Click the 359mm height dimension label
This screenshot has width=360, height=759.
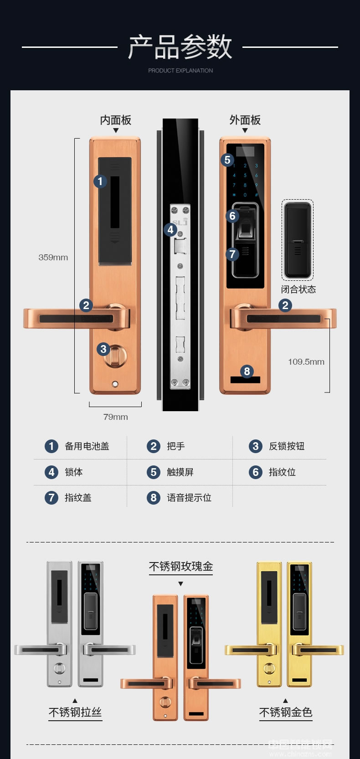[53, 257]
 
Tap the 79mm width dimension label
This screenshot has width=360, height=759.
[115, 417]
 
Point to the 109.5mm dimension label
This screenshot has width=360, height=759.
[306, 361]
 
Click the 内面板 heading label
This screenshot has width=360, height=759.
[116, 120]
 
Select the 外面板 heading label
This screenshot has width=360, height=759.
[245, 120]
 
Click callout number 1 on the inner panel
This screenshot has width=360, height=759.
[100, 181]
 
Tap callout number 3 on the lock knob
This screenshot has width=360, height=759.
[103, 349]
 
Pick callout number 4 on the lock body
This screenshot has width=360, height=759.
[170, 229]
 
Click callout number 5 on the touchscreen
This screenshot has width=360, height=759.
[227, 160]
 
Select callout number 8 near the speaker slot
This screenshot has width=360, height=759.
[247, 371]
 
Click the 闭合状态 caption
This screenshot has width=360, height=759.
[298, 289]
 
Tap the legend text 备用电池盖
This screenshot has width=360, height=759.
[87, 446]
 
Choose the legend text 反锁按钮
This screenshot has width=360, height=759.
[287, 446]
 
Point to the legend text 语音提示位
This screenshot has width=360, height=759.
[189, 498]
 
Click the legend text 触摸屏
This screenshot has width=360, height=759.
[180, 472]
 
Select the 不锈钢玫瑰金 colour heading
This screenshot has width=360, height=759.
[181, 566]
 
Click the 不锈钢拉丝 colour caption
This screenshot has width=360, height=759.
[75, 712]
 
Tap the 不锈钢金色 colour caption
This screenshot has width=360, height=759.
[286, 712]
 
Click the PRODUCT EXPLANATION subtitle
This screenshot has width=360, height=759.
[180, 71]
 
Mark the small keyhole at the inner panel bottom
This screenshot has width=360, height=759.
[115, 384]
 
